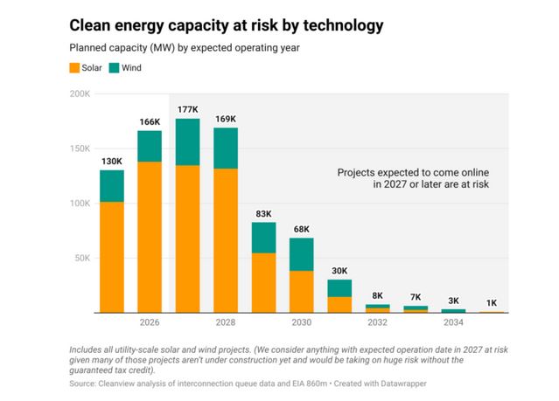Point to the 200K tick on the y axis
(80, 93)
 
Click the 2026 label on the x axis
(149, 323)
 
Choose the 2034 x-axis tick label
(453, 323)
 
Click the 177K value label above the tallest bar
(187, 109)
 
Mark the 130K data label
(111, 161)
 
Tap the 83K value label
(263, 212)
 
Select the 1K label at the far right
(492, 302)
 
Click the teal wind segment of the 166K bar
(149, 146)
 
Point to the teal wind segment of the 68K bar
(301, 253)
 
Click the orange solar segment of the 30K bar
(339, 304)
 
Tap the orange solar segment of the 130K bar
(111, 257)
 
